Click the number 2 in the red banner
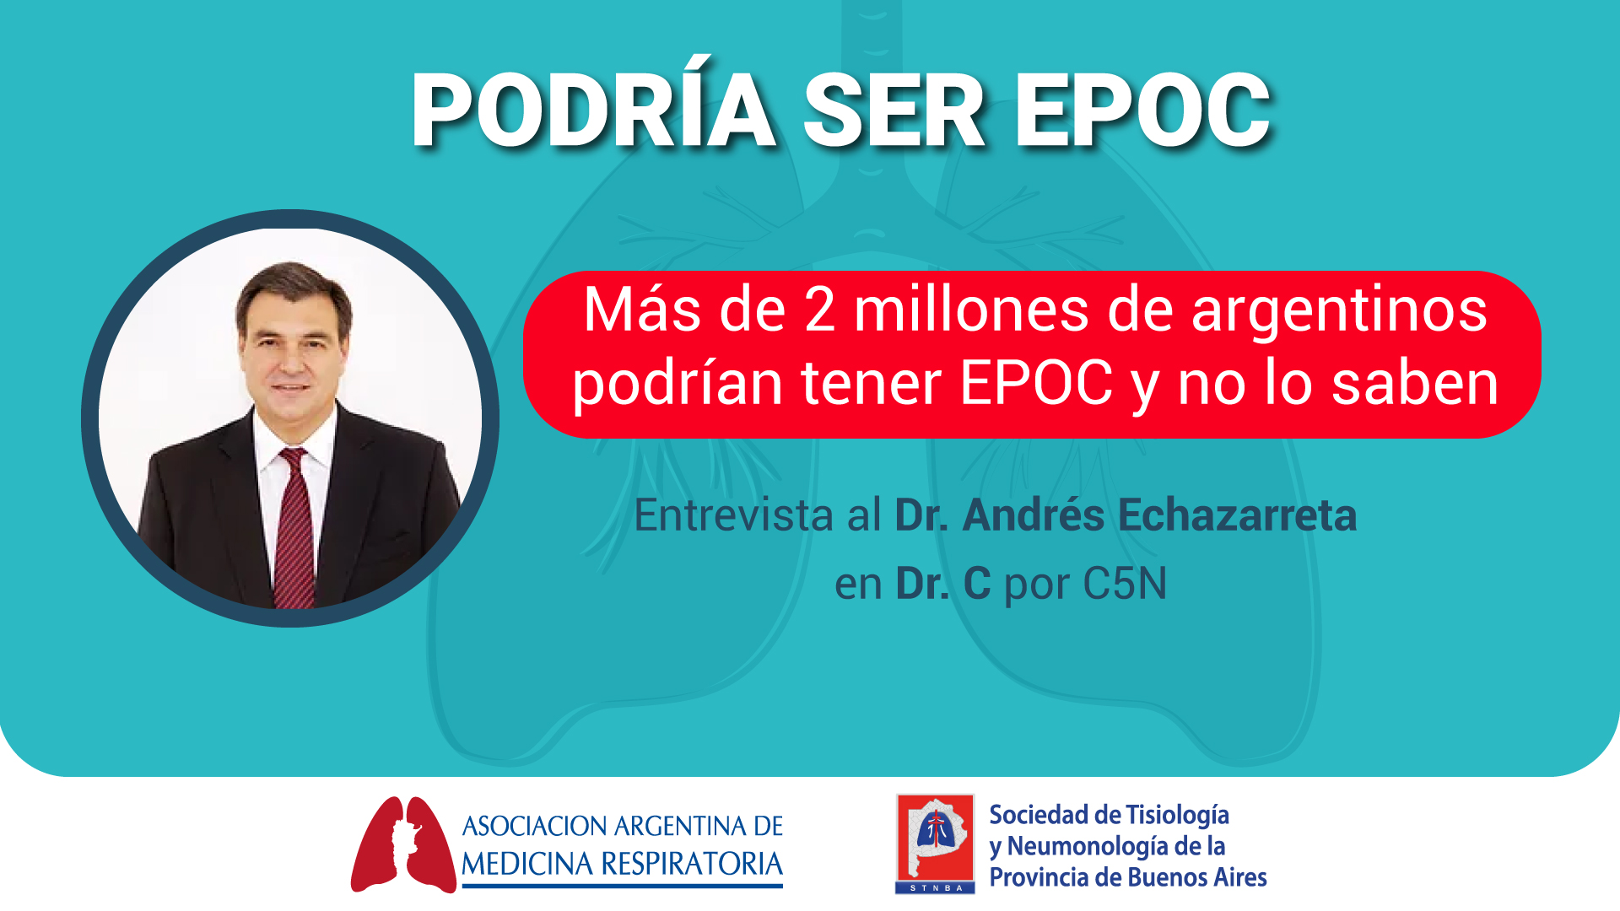pos(819,310)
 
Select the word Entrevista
pos(733,515)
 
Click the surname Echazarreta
pos(1238,515)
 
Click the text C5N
pos(1125,583)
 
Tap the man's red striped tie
pos(294,527)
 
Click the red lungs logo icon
pos(403,844)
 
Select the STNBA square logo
pos(935,844)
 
